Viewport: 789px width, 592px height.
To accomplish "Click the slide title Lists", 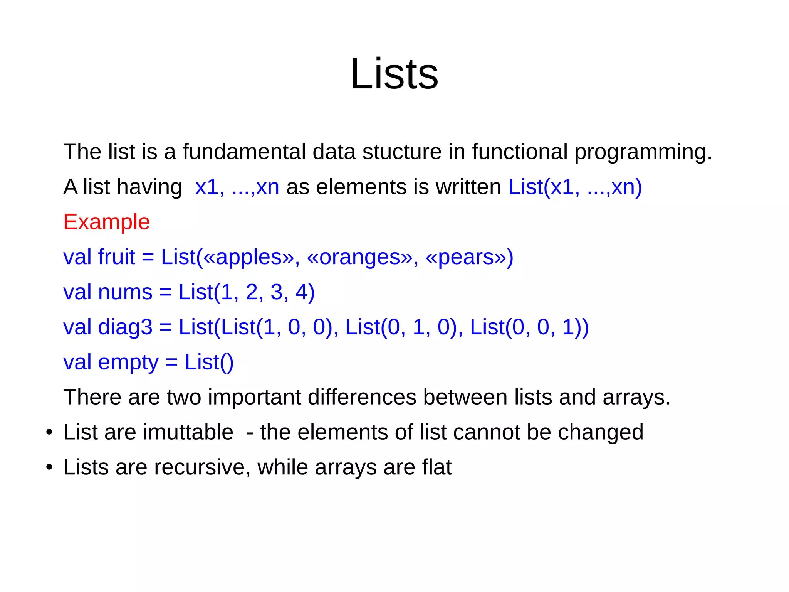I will click(394, 74).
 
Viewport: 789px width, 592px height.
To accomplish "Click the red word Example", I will click(106, 222).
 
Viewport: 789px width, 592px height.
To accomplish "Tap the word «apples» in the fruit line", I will click(248, 257).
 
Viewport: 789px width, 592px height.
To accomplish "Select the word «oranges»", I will click(359, 257).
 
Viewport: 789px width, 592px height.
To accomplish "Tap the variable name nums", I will click(125, 292).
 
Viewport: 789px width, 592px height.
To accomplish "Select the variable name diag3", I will click(125, 327).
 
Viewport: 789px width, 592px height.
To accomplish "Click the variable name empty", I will click(128, 363).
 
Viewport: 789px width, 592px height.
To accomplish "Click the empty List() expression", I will click(209, 363).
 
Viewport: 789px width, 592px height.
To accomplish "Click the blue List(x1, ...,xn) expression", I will click(575, 187).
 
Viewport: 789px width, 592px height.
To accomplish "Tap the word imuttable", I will click(188, 432).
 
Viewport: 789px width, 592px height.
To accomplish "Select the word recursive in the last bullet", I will click(201, 467).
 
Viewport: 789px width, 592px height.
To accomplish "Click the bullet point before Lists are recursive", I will click(49, 467).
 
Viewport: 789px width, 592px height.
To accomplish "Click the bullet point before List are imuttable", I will click(49, 432).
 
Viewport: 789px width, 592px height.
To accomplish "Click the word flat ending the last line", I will click(436, 467).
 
